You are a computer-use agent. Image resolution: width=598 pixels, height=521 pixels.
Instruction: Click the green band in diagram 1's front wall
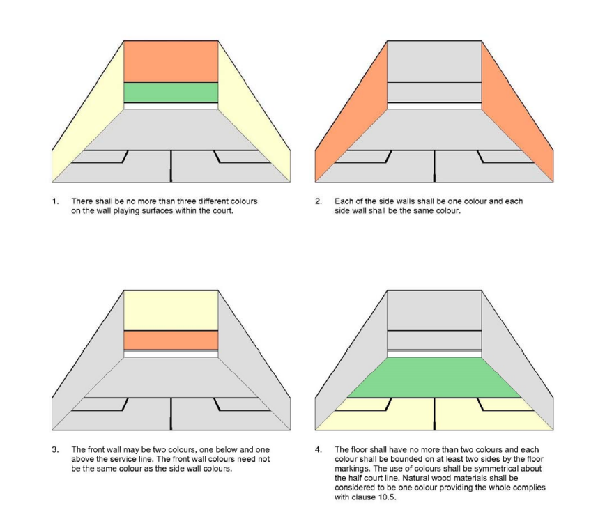pyautogui.click(x=171, y=93)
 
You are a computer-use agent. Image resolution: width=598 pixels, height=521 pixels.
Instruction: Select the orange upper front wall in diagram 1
pyautogui.click(x=171, y=61)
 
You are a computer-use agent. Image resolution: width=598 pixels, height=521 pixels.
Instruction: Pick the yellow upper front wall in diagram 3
pyautogui.click(x=171, y=310)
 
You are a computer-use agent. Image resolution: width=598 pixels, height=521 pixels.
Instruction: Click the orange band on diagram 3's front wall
pyautogui.click(x=171, y=341)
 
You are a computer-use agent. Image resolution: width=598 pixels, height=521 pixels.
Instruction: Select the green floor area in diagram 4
pyautogui.click(x=434, y=378)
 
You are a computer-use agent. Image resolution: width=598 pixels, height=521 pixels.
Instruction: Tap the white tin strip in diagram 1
pyautogui.click(x=171, y=106)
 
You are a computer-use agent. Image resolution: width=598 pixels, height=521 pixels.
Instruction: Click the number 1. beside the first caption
pyautogui.click(x=56, y=201)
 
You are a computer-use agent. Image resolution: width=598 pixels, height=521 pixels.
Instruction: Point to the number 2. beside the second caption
pyautogui.click(x=319, y=201)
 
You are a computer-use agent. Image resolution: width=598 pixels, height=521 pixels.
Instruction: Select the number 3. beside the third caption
pyautogui.click(x=56, y=450)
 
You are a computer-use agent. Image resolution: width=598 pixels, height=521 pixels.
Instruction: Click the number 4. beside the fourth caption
pyautogui.click(x=319, y=450)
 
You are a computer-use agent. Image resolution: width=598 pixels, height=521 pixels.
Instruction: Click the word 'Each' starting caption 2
pyautogui.click(x=343, y=201)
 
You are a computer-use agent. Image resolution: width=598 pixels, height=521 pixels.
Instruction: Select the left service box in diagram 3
pyautogui.click(x=100, y=405)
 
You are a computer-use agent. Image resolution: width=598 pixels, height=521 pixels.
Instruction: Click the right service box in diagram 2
pyautogui.click(x=505, y=157)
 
